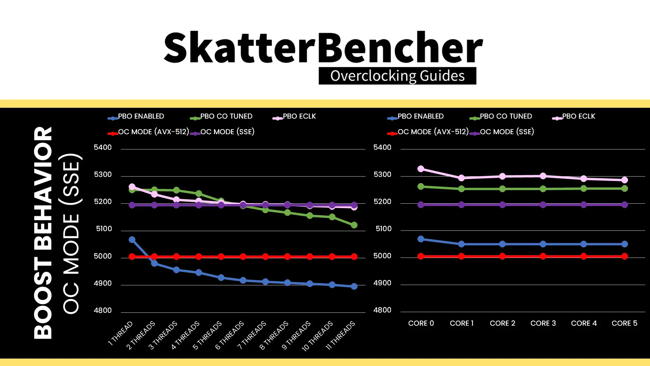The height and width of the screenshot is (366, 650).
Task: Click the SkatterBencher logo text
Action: click(323, 47)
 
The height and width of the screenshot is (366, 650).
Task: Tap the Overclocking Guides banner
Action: click(397, 76)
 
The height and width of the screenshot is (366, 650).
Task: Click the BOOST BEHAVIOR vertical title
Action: click(43, 233)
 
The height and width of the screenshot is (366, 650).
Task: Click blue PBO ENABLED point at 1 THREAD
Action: click(132, 240)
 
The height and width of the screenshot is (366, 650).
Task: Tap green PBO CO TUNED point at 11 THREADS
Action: click(354, 225)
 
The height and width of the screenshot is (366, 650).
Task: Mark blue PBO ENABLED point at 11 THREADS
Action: click(354, 286)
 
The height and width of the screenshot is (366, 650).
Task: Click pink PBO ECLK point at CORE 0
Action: click(421, 169)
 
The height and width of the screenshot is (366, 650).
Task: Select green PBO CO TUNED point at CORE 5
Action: click(625, 188)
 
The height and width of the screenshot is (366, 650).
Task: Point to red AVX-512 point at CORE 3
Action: click(543, 256)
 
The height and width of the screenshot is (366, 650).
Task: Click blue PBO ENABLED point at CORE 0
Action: click(421, 239)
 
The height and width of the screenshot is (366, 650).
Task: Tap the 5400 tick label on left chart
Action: click(103, 147)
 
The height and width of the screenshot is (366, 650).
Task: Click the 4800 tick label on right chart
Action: click(382, 310)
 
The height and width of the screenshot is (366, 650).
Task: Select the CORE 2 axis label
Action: click(502, 323)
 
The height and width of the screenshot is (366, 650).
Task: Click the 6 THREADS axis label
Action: click(230, 335)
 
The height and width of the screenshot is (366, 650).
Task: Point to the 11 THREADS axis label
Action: click(340, 335)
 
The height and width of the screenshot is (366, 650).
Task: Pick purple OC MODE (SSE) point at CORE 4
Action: click(584, 205)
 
